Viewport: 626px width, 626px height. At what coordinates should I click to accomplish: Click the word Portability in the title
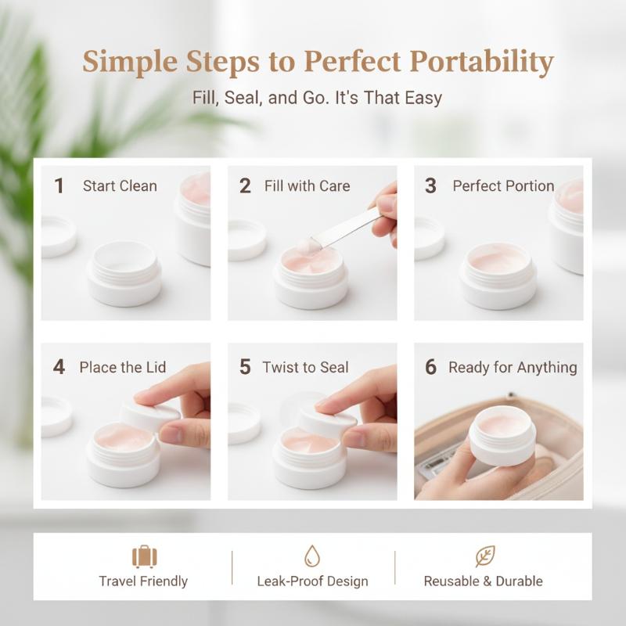tap(481, 62)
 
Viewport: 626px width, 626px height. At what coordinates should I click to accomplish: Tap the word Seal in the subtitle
tap(243, 98)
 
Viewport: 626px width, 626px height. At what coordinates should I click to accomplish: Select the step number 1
tap(59, 185)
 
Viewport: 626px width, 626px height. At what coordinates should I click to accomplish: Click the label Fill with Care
tap(307, 186)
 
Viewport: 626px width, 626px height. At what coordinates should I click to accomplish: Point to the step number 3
tap(430, 185)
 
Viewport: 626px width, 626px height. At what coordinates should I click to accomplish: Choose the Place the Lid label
tap(123, 367)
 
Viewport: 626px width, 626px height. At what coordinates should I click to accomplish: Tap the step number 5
tap(245, 367)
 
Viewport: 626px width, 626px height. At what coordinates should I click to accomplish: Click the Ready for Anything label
tap(513, 368)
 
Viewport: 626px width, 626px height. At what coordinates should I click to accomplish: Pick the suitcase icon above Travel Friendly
tap(144, 556)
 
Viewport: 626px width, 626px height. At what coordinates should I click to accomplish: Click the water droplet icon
tap(312, 556)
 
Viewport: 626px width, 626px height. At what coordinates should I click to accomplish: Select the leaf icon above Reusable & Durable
tap(485, 556)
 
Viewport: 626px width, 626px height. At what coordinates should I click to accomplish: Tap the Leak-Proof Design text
tap(312, 581)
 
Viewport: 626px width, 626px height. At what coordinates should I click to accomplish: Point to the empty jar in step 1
tap(124, 274)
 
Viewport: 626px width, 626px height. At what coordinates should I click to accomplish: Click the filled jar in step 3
tap(498, 276)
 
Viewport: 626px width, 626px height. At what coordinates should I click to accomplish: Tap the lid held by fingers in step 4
tap(150, 416)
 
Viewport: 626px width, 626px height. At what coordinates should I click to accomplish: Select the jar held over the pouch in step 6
tap(502, 436)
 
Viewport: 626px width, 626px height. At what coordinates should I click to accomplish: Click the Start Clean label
tap(120, 186)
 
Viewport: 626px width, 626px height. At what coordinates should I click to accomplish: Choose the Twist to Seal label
tap(305, 367)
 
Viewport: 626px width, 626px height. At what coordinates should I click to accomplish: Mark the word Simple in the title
tap(130, 62)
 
